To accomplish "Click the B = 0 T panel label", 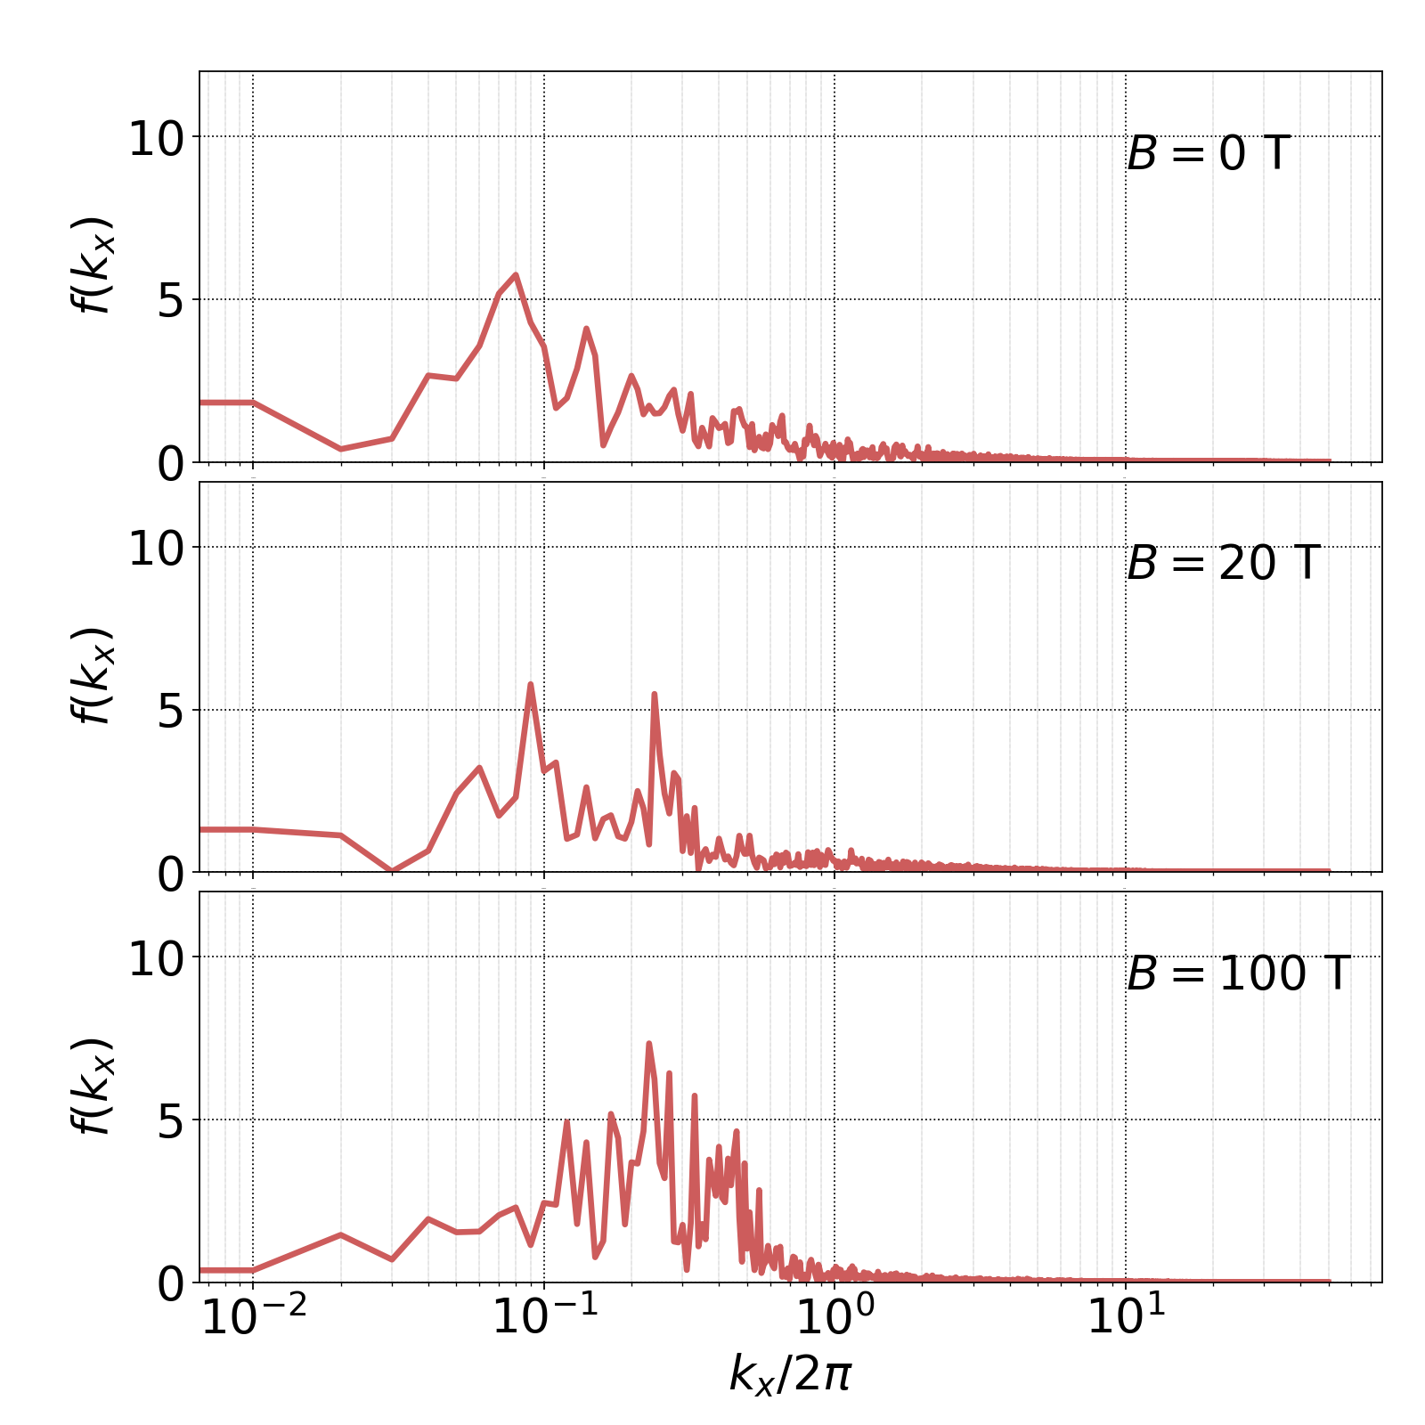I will pos(1208,154).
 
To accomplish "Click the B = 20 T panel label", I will pos(1222,564).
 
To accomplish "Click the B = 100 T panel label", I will pos(1238,973).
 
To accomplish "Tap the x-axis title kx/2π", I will pos(790,1372).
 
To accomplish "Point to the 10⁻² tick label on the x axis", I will pos(254,1318).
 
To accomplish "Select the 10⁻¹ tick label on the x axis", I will pos(544,1318).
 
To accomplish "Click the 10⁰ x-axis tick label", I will pos(835,1318).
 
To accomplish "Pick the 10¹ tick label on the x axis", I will pos(1126,1318).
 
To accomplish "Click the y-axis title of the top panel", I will pos(92,265).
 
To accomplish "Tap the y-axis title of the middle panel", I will pos(92,676).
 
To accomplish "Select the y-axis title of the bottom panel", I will pos(92,1087).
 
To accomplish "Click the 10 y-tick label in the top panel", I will pos(156,138).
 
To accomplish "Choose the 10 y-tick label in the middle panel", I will pos(156,549).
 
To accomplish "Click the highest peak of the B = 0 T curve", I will pos(515,275).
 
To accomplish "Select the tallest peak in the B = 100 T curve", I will pos(648,1043).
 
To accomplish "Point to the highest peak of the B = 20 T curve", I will pos(531,684).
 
